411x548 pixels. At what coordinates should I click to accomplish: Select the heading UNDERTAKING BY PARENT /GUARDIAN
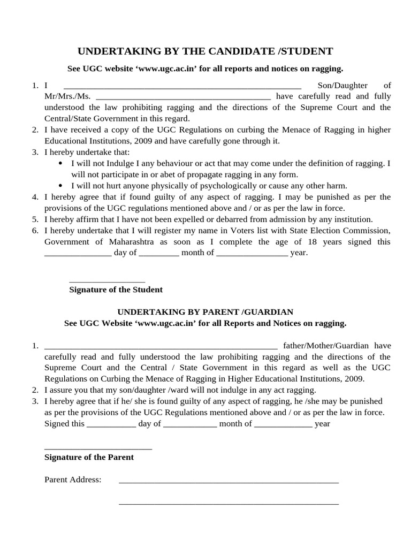coord(205,311)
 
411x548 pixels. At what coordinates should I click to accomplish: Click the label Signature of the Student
coord(116,290)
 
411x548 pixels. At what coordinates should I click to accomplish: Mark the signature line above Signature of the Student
coord(107,281)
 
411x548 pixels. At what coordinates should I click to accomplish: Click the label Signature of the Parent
coord(89,457)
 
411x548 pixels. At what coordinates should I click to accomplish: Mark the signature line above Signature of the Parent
coord(98,449)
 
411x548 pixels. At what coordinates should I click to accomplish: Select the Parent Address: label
coord(73,479)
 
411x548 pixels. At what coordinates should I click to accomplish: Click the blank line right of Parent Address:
coord(229,482)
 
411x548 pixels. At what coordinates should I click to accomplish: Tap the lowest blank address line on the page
coord(229,504)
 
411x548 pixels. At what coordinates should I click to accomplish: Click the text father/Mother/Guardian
coord(325,346)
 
